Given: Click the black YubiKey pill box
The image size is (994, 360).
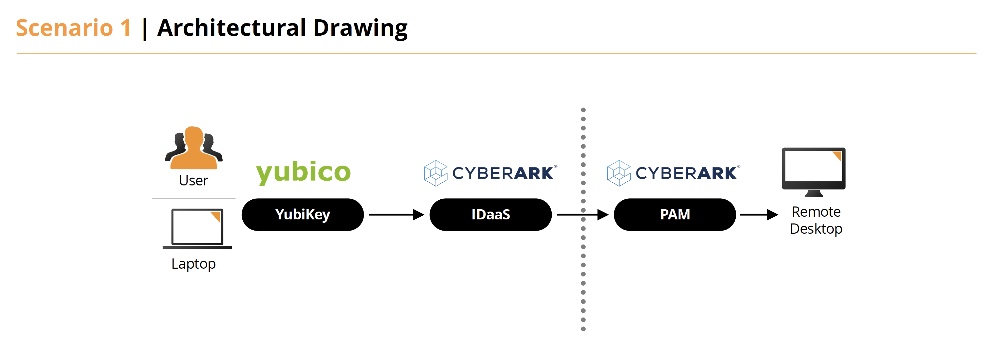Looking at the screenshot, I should pos(302,215).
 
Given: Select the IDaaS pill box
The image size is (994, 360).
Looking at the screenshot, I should pos(490,215).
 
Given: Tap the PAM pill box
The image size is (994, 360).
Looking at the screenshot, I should pos(675,215).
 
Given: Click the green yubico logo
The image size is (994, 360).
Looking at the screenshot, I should pos(303,172).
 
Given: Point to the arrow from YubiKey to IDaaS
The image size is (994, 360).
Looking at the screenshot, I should pos(396,215).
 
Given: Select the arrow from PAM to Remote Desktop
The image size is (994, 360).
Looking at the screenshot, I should pos(758,215).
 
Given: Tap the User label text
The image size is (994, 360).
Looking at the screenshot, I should pos(193,181).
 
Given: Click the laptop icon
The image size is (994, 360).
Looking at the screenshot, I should pos(197,229).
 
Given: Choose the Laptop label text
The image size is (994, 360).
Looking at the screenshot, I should pos(193,264).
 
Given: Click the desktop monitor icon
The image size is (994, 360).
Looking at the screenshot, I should pos(813,170).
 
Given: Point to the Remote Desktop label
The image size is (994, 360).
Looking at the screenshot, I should pos(816,220).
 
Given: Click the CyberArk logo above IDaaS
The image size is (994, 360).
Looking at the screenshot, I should pos(490,173).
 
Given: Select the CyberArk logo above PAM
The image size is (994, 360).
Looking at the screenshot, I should pos(673,173).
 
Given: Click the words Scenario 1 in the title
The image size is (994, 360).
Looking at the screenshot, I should pos(73,28).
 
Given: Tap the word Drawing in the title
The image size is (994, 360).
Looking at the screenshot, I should pos(360,28).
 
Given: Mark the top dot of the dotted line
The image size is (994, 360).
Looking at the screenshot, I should pos(583,110).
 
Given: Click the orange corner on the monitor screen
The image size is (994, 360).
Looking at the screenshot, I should pos(837,156).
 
